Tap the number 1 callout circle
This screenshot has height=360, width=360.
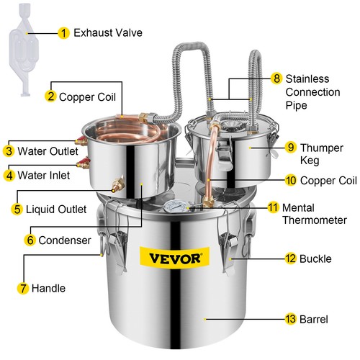tap(64, 33)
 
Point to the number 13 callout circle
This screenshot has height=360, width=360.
tap(290, 319)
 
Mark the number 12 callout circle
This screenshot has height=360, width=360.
tap(290, 257)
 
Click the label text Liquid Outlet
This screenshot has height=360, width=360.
tap(52, 210)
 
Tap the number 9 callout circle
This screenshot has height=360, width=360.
tap(290, 147)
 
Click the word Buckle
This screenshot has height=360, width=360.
tap(315, 257)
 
